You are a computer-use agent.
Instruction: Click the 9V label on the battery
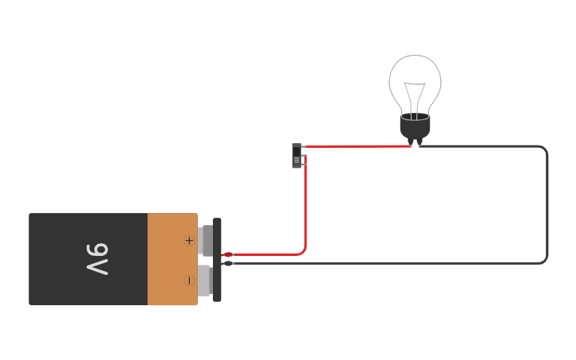coord(97,259)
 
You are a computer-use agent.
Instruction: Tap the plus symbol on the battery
coord(189,240)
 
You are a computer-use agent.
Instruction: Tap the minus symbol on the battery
coord(189,280)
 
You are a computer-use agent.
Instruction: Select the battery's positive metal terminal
coord(207,240)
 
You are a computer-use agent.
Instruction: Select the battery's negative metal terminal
coord(205,280)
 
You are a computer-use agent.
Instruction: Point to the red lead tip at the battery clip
coord(227,255)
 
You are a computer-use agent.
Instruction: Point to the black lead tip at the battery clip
coord(228,263)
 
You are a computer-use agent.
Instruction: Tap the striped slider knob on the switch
coord(296,161)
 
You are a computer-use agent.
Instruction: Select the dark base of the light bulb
coord(415,126)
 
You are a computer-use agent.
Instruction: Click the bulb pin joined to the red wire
coord(411,143)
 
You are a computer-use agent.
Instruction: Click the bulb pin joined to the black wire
coord(419,143)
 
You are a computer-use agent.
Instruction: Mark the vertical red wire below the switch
coord(305,207)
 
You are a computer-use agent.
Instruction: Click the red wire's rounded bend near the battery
coord(303,252)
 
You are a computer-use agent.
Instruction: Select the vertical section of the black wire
coord(547,207)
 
